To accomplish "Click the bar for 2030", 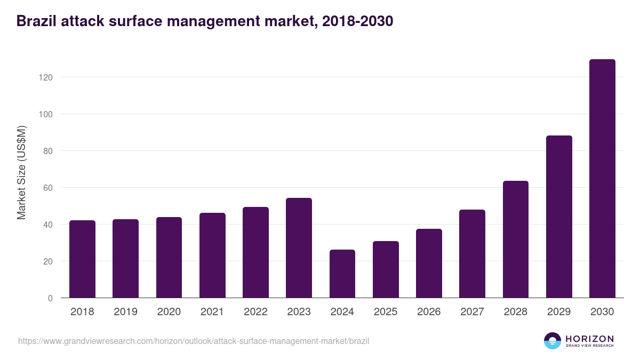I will [x=602, y=179].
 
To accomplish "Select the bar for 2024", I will [x=342, y=274].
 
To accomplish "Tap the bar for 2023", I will [x=299, y=248].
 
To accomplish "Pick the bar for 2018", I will [x=82, y=259].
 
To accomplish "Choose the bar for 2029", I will [x=559, y=217].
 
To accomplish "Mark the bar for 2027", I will [x=472, y=254].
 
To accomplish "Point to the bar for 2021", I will [x=212, y=255].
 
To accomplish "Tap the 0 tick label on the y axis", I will [x=50, y=298].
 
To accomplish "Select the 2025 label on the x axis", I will [x=386, y=312].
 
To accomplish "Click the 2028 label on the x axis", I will [x=516, y=312].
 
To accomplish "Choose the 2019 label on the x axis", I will [x=125, y=312].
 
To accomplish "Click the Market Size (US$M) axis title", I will [x=21, y=173].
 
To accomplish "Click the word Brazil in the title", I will [x=37, y=21].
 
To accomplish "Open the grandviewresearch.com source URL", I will [x=194, y=341].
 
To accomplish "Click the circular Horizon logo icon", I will [x=553, y=341].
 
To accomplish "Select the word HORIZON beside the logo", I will [x=589, y=339].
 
